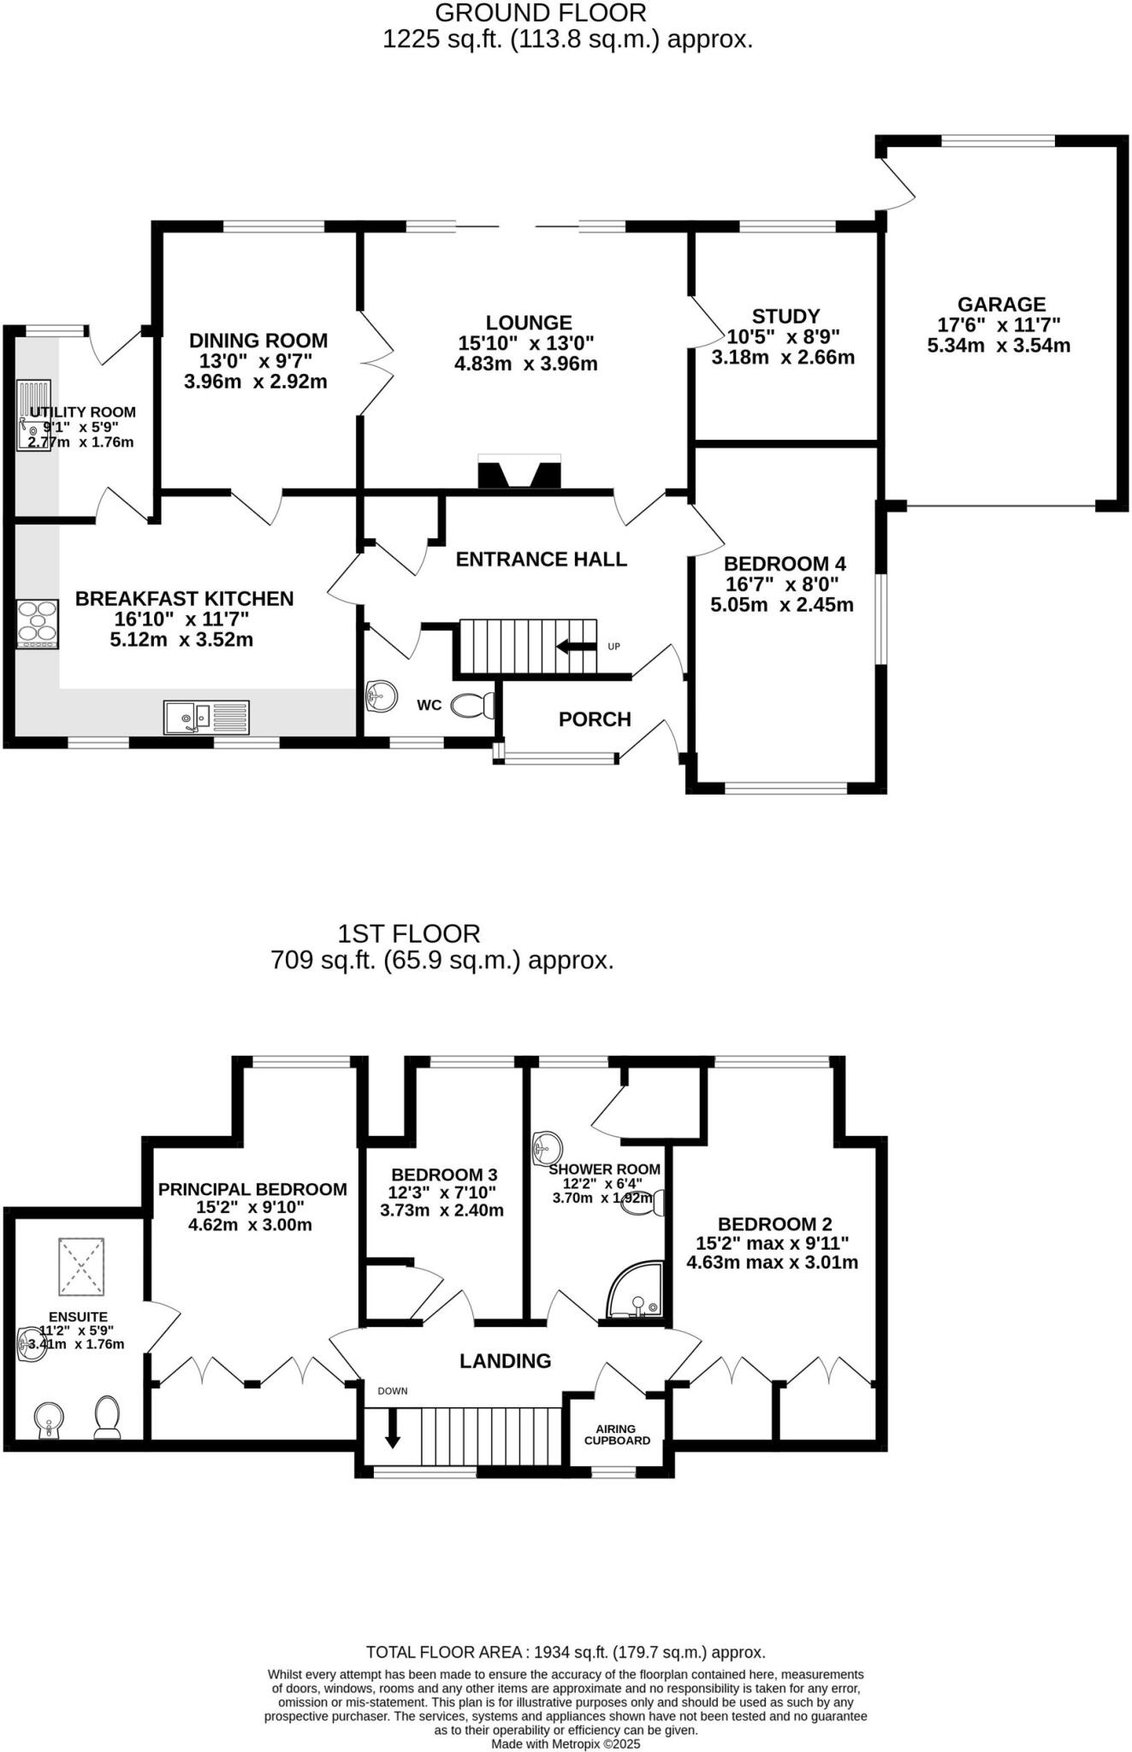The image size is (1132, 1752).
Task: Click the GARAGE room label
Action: (1000, 305)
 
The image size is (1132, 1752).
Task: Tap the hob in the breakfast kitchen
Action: (38, 624)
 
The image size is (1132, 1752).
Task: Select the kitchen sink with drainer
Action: (206, 717)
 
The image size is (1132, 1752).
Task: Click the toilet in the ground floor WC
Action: (473, 705)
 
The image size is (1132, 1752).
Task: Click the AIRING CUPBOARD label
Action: (617, 1435)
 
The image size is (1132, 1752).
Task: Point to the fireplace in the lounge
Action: (519, 471)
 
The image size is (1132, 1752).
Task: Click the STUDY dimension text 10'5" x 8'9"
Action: (783, 337)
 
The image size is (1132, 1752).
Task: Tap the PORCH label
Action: (595, 719)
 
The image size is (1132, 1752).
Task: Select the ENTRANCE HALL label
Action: (541, 559)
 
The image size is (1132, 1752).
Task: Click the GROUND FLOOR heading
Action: (541, 13)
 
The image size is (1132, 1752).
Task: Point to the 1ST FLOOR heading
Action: (409, 932)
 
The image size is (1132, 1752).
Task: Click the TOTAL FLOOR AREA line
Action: (565, 1652)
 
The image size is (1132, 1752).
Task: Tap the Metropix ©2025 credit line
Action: (565, 1743)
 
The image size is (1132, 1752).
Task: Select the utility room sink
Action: (33, 416)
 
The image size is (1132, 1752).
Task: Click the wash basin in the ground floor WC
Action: (382, 696)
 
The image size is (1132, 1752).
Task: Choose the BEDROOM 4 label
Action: (785, 564)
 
